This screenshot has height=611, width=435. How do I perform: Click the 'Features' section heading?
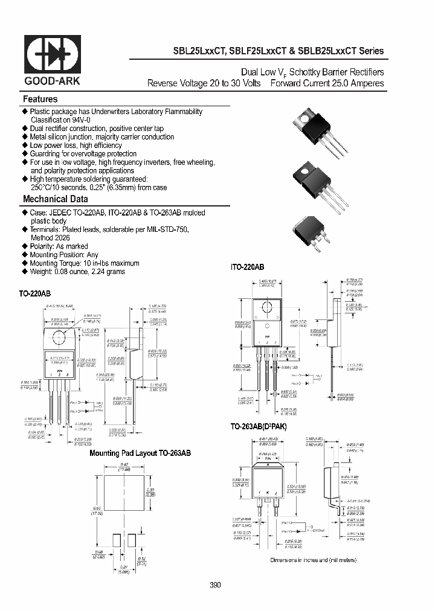coord(40,99)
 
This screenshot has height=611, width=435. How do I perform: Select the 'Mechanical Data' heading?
coord(56,199)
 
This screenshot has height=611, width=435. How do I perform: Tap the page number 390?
coord(216,585)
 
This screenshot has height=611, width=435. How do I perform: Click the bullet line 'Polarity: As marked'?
coord(59,246)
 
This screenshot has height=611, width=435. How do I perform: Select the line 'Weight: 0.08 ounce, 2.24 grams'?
coord(77,272)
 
